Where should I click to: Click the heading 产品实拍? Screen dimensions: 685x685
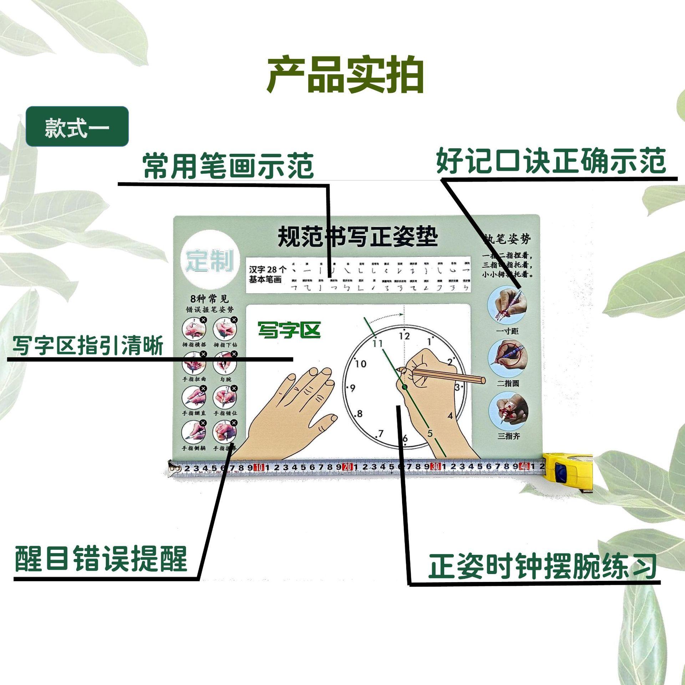[345, 75]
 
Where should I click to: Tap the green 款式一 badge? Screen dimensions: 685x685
[77, 127]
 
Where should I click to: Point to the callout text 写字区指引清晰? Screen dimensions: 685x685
[88, 345]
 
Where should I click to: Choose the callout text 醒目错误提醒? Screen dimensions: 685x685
[101, 559]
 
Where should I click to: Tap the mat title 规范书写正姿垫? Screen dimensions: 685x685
[357, 237]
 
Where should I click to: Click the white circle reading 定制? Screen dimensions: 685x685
[209, 260]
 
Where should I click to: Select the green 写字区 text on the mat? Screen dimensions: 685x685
[289, 330]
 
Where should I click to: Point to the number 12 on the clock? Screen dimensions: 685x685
[404, 336]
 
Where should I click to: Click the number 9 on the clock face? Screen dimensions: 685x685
[352, 388]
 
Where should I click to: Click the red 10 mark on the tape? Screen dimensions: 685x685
[259, 467]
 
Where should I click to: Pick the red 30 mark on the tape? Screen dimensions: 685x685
[435, 466]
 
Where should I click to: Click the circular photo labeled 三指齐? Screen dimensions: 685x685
[508, 411]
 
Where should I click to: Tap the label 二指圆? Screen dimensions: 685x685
[508, 384]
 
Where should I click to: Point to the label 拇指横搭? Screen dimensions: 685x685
[194, 345]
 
